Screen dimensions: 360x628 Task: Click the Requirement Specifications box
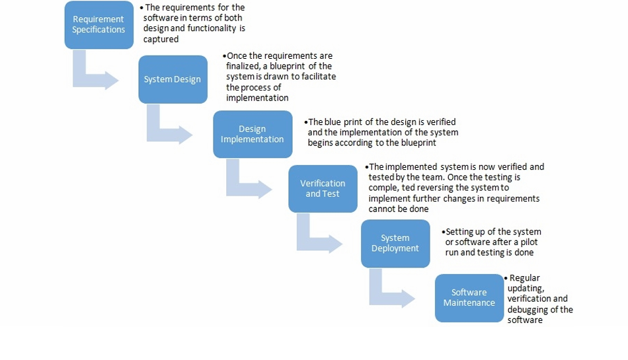click(98, 24)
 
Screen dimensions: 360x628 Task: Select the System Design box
click(173, 79)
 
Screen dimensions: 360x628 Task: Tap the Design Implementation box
click(252, 134)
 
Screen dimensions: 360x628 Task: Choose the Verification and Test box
click(322, 188)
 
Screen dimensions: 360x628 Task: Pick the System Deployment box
click(395, 243)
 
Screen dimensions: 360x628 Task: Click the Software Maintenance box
click(469, 297)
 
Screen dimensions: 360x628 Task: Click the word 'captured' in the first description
click(161, 40)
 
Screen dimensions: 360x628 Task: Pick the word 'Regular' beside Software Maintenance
click(525, 278)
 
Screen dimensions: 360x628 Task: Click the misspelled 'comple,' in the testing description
click(385, 188)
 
